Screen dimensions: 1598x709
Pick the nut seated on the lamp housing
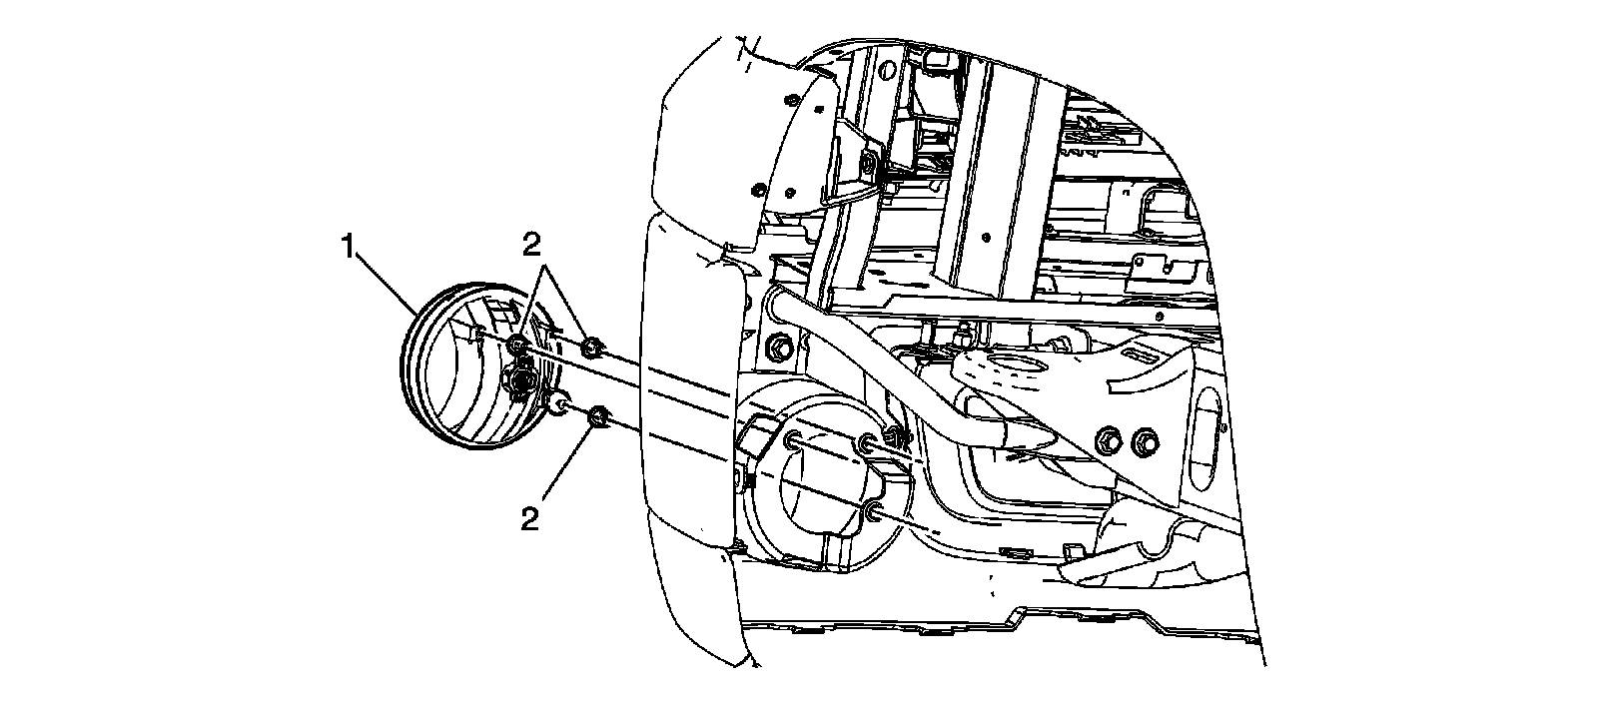[x=517, y=346]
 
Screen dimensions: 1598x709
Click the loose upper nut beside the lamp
[x=590, y=348]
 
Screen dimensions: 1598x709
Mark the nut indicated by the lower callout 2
[x=598, y=416]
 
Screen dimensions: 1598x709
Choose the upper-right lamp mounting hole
[x=865, y=441]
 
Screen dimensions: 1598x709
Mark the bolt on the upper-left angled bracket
[x=868, y=161]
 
